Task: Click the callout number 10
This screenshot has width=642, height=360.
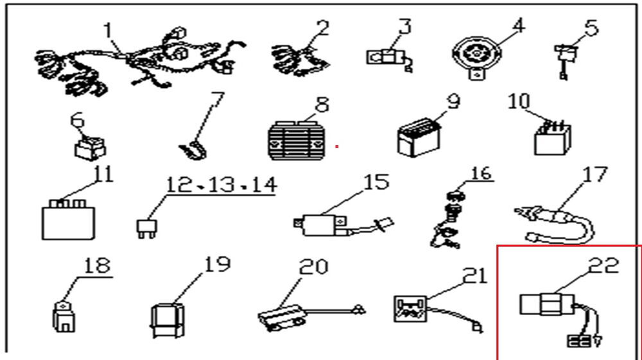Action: [520, 102]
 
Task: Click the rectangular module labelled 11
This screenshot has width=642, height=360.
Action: [70, 216]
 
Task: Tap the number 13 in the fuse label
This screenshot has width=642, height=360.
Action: [221, 186]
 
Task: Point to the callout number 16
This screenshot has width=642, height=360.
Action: [481, 174]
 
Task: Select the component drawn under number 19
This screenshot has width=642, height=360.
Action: [168, 318]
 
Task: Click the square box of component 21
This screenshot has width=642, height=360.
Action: [408, 308]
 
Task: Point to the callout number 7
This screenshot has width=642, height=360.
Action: [218, 101]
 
